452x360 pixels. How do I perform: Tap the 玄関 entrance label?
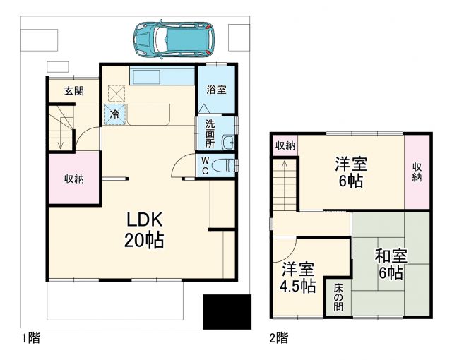[x=73, y=90]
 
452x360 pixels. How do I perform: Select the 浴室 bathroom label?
[x=216, y=90]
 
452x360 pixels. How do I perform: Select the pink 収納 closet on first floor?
[x=74, y=179]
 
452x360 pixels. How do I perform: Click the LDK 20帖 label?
[x=145, y=229]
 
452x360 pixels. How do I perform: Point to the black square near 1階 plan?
[x=227, y=311]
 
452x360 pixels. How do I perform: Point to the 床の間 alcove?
[x=338, y=296]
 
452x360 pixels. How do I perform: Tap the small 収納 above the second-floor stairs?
[x=285, y=145]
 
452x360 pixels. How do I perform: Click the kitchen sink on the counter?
[x=145, y=77]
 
